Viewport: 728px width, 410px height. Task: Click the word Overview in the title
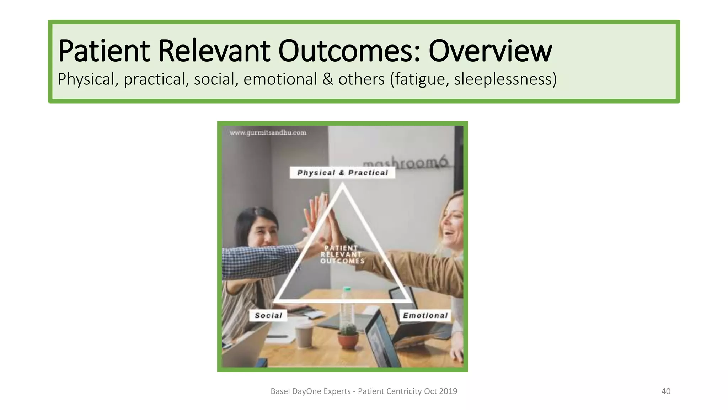pyautogui.click(x=490, y=51)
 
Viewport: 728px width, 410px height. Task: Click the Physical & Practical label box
pyautogui.click(x=342, y=173)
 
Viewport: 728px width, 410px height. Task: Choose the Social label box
pyautogui.click(x=268, y=315)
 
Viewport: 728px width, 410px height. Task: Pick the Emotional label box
pyautogui.click(x=425, y=315)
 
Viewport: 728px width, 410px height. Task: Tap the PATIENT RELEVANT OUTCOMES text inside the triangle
pyautogui.click(x=342, y=254)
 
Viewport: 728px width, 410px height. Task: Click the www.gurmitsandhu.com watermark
pyautogui.click(x=268, y=133)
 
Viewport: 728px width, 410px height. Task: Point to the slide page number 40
pyautogui.click(x=666, y=391)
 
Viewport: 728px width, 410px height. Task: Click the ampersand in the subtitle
pyautogui.click(x=328, y=79)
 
